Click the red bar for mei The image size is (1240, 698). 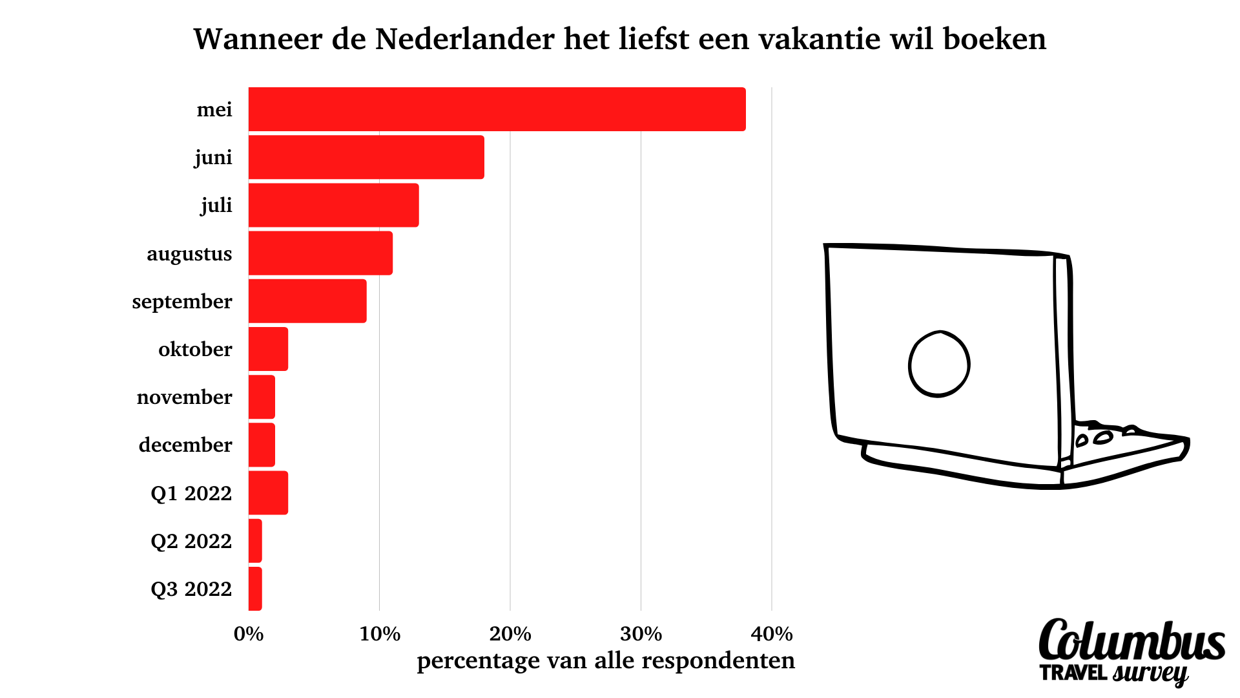[497, 109]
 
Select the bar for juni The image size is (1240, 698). [366, 157]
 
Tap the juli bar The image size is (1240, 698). [333, 205]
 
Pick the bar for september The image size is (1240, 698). [307, 301]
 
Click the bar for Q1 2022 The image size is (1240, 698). [268, 493]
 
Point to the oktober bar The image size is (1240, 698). [268, 349]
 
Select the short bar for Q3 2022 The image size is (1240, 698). [255, 589]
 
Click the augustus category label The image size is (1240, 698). [189, 254]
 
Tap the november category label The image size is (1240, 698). [184, 397]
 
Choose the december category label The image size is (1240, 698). [185, 445]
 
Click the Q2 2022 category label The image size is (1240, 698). [191, 541]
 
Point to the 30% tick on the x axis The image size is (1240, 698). [641, 634]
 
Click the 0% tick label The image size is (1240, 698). [249, 634]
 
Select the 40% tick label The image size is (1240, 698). [772, 634]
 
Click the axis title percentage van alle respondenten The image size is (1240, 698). [606, 661]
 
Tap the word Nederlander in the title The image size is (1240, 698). [465, 39]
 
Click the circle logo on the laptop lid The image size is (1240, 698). [939, 364]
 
